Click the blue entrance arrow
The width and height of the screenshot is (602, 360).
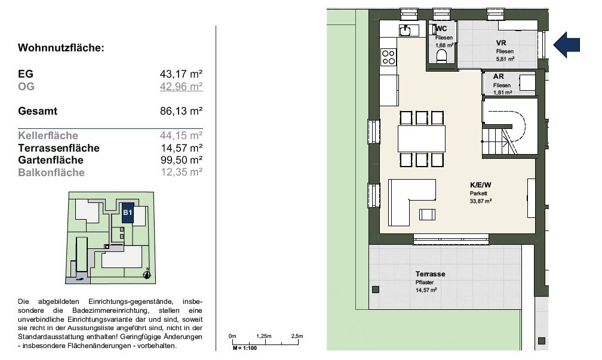pos(567,45)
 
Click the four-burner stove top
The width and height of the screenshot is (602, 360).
pos(389,57)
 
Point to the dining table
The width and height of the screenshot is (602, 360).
pos(422,139)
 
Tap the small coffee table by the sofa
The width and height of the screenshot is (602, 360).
pos(427,214)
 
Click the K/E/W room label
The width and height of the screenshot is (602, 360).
pos(480,185)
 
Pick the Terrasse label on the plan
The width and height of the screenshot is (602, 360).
pos(431,274)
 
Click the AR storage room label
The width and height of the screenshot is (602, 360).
pos(498,76)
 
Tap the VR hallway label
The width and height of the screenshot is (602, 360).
pos(501,43)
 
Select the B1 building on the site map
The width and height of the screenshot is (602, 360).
pos(128,213)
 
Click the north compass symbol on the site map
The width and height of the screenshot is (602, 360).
pos(147,274)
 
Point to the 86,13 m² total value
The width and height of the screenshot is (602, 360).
pos(181,111)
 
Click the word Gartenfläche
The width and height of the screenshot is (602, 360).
pos(51,160)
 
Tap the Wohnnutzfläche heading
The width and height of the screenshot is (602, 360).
pos(61,48)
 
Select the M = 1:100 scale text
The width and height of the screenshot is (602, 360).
pos(245,348)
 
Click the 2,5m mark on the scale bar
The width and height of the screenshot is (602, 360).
pos(297,336)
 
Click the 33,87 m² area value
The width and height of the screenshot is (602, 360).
pos(481,201)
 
